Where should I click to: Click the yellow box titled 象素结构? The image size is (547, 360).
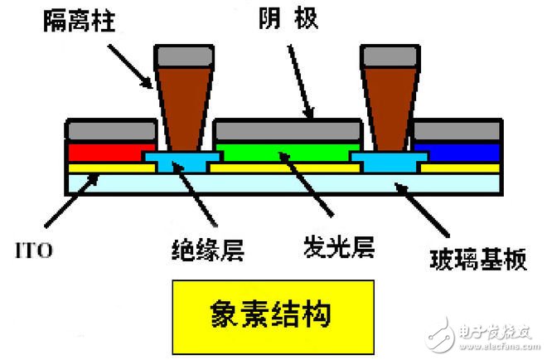[x=269, y=316]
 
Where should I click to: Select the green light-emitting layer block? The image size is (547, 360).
[x=286, y=152]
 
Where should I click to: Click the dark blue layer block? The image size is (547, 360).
[x=458, y=152]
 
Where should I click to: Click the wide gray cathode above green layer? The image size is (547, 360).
[x=288, y=130]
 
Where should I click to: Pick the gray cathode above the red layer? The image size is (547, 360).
[x=111, y=130]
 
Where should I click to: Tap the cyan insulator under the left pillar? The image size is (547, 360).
[x=182, y=160]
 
